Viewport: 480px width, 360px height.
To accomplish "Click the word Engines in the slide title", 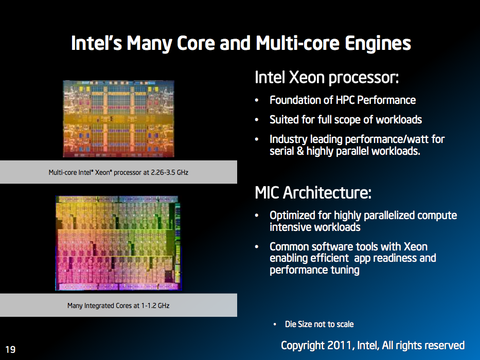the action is point(378,44).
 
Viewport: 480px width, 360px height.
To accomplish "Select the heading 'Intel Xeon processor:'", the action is point(327,78).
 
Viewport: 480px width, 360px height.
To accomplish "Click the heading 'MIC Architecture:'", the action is point(313,192).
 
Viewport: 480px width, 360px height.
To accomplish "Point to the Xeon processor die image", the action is point(118,119).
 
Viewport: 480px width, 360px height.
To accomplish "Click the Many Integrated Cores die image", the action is point(118,243).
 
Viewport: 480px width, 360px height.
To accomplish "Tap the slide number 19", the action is point(10,349).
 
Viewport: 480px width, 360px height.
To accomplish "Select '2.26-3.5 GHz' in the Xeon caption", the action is point(170,172).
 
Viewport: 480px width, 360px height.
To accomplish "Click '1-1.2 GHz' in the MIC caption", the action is point(155,305).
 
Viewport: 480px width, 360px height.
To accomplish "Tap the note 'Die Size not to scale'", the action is point(319,324).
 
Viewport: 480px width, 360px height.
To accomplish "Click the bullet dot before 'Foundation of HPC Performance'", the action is point(257,100).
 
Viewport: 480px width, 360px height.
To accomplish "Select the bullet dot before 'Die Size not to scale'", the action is point(275,325).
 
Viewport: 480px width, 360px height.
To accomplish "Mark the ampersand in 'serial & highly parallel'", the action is point(300,151).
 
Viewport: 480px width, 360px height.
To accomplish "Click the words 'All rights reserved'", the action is point(423,345).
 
